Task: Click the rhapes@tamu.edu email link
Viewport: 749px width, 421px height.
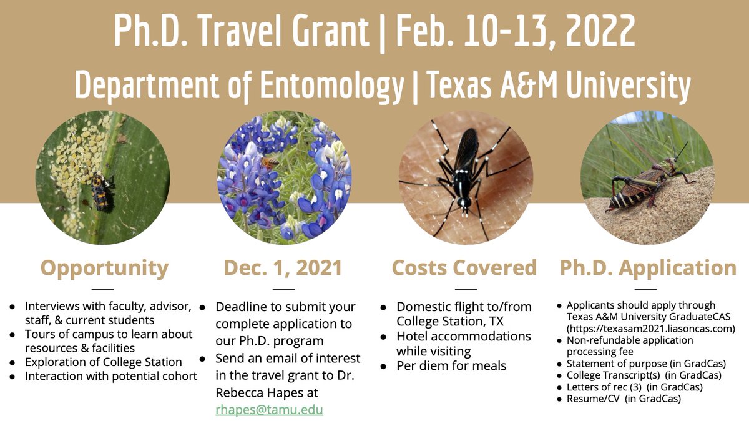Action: click(x=270, y=410)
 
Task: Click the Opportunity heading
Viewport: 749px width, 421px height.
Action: click(x=105, y=268)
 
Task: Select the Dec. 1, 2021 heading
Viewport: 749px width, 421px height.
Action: click(x=283, y=268)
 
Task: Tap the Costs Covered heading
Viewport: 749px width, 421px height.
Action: click(x=464, y=268)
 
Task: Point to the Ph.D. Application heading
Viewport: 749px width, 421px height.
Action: click(x=648, y=268)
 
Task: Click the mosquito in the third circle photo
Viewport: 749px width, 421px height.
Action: click(x=464, y=169)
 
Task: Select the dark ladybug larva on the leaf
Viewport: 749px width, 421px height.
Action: click(x=100, y=191)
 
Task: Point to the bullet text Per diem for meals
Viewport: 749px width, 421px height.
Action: click(x=451, y=365)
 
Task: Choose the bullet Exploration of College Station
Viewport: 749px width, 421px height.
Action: click(x=103, y=362)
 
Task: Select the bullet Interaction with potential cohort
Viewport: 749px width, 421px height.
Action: click(x=111, y=375)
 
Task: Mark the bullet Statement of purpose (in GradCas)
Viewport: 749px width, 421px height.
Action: click(x=645, y=364)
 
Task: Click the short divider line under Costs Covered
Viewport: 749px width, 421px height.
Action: click(x=465, y=289)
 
